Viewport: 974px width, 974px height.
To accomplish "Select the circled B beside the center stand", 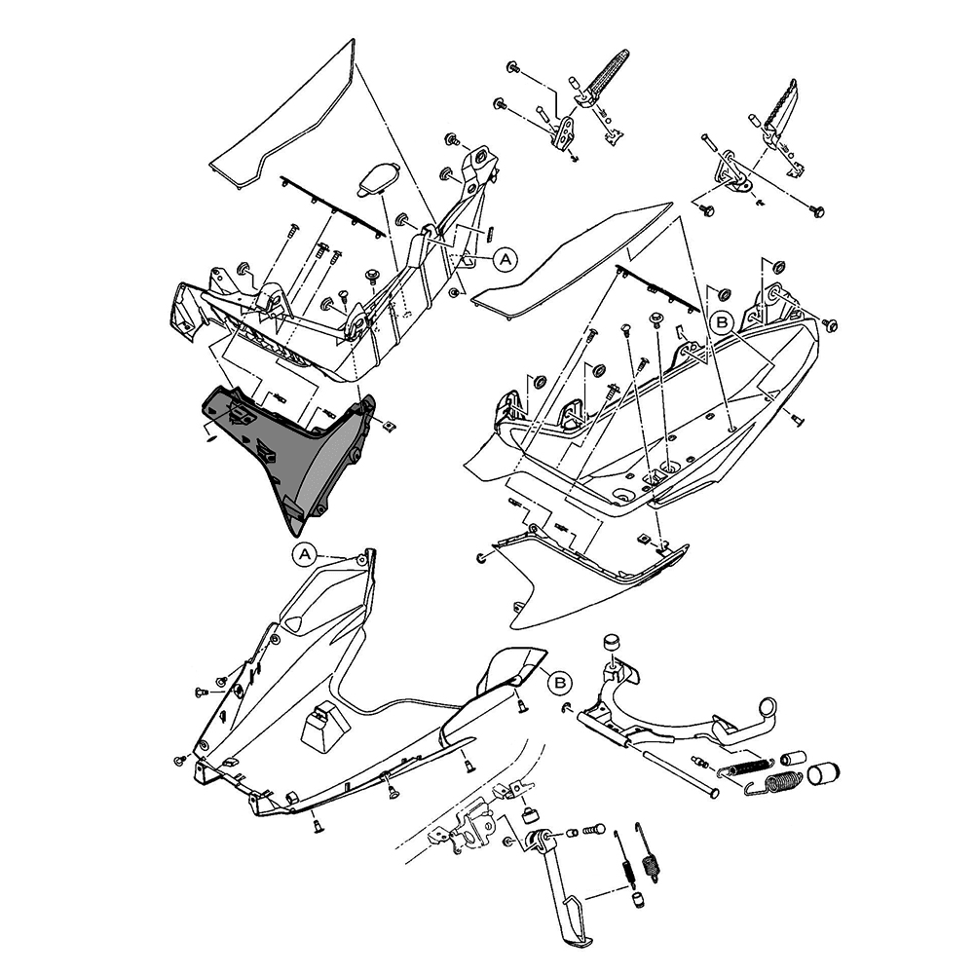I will tap(559, 683).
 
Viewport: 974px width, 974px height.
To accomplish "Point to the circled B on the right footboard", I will tap(722, 320).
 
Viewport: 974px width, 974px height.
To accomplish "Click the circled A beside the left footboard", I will tap(505, 258).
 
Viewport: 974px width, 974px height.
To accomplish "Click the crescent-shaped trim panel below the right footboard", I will tap(584, 584).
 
